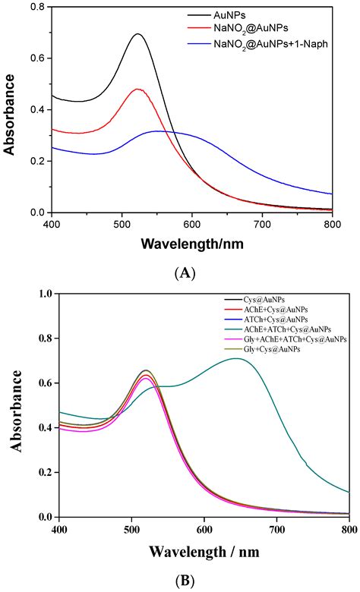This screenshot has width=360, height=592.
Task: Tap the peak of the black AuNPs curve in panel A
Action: (x=137, y=34)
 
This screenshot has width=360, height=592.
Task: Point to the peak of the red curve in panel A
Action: (x=137, y=89)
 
